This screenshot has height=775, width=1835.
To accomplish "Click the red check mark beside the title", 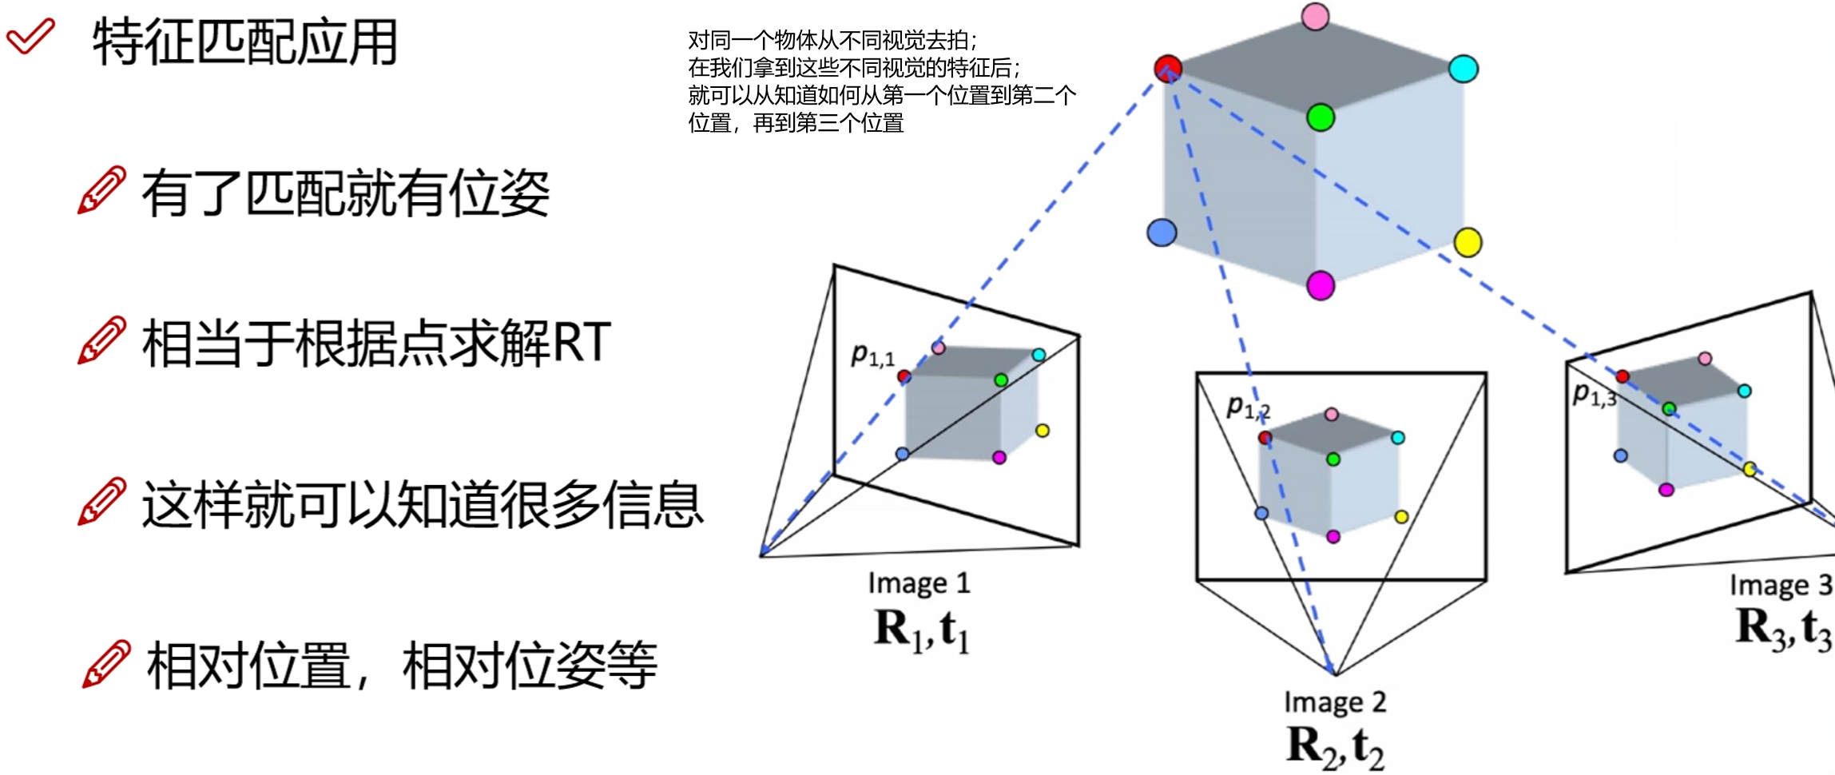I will [x=30, y=36].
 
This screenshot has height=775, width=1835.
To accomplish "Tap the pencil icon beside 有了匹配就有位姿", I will [x=101, y=190].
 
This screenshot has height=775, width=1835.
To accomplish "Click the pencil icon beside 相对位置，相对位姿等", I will [x=105, y=663].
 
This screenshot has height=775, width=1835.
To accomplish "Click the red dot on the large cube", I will [x=1168, y=68].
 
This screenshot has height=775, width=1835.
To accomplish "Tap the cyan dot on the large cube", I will [x=1464, y=69].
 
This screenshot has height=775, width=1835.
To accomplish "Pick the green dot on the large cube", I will [x=1321, y=118].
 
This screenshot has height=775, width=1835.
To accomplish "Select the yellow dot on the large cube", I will [x=1468, y=242].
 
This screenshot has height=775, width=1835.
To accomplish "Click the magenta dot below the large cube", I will [x=1321, y=285].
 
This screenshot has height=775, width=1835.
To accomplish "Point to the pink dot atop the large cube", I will [x=1315, y=17].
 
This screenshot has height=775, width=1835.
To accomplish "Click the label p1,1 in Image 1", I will [x=872, y=356].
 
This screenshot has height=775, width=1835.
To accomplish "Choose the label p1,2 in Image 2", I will [x=1248, y=408].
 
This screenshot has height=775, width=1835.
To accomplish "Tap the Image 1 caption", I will [x=919, y=583].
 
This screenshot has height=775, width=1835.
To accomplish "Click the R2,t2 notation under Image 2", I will [x=1335, y=746].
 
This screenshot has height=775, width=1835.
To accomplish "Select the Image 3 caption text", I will [x=1781, y=586].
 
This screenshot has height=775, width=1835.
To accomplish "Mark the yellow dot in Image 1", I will [x=1042, y=431].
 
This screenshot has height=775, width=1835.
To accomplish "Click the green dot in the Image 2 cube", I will [x=1333, y=459].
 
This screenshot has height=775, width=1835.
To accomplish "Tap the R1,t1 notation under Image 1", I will [x=922, y=629].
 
